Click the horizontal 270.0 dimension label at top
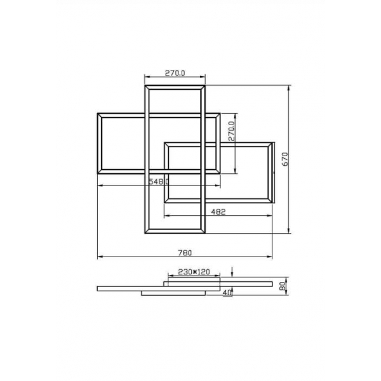175,73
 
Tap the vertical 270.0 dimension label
232,131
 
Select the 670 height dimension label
285,159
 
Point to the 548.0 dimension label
159,182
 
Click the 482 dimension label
218,212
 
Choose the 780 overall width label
185,253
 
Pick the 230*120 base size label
194,272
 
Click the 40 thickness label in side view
227,293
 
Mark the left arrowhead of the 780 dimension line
100,257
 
